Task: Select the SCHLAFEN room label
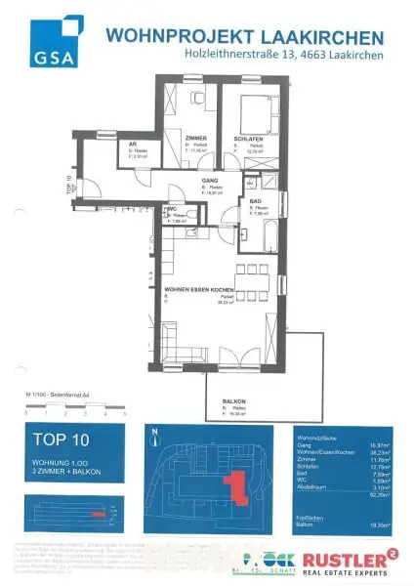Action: point(245,139)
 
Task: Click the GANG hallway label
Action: point(208,182)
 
